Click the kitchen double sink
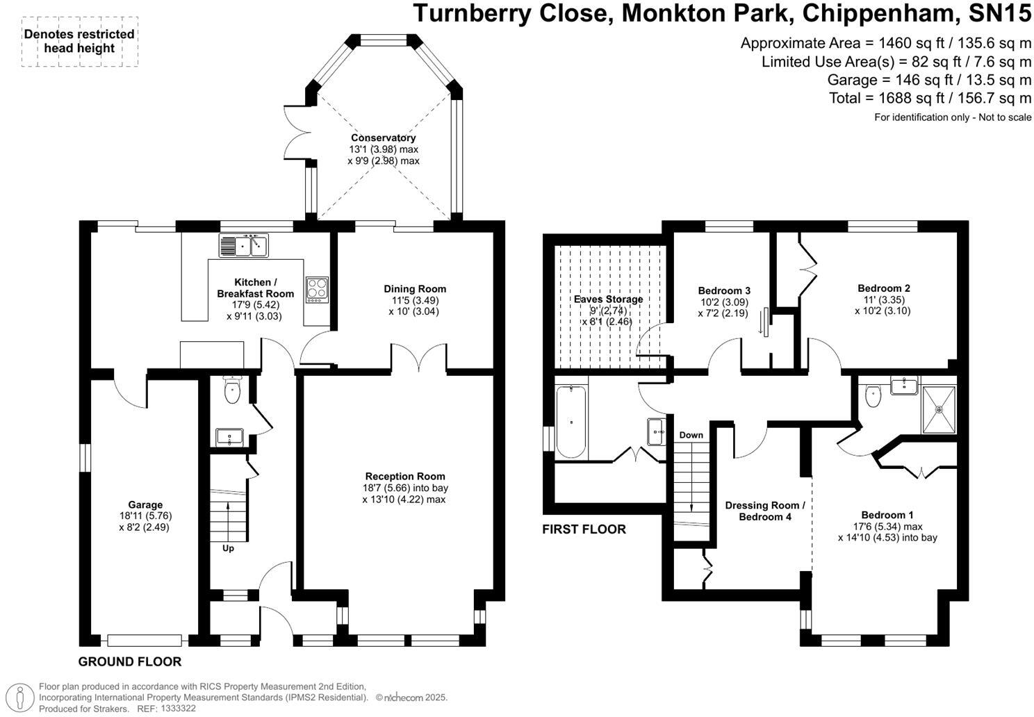click(x=243, y=245)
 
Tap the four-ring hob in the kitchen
click(x=317, y=290)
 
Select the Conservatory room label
click(x=383, y=138)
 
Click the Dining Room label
click(x=415, y=289)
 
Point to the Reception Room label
click(x=405, y=476)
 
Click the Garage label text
click(x=145, y=505)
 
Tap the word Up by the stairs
click(x=228, y=549)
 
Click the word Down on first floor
click(x=691, y=435)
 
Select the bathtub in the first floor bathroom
click(x=571, y=422)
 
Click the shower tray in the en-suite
click(x=939, y=410)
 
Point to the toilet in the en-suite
click(x=873, y=395)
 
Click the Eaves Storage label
click(x=609, y=299)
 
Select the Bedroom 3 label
click(x=724, y=290)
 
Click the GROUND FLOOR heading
click(x=130, y=661)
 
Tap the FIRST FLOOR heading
click(x=584, y=529)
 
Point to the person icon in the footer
click(x=20, y=698)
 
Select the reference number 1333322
click(x=178, y=708)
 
